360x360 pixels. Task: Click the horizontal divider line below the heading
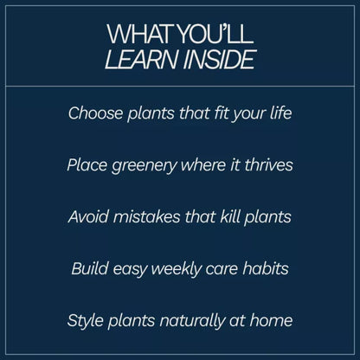180,87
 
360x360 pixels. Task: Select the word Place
86,164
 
